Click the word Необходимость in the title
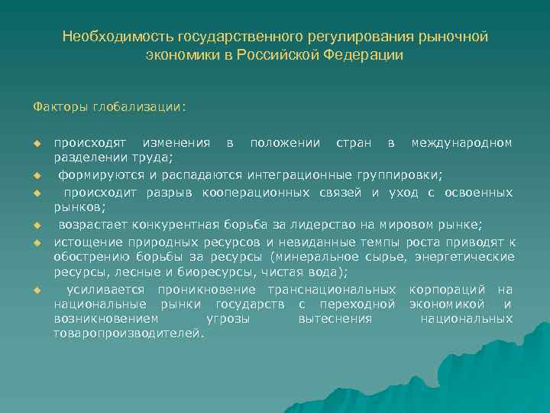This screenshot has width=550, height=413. point(118,37)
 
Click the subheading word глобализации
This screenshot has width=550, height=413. point(140,107)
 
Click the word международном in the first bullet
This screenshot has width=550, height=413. point(462,144)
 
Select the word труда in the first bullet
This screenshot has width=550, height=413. point(156,158)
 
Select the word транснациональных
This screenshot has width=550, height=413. point(332,290)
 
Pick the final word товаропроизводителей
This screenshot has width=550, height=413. point(128,333)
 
